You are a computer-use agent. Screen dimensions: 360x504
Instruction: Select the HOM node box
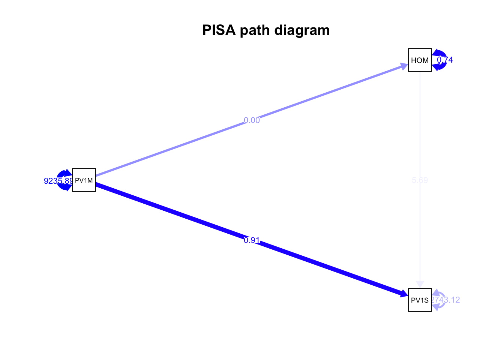(x=420, y=60)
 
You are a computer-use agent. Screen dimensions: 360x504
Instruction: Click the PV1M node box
(x=84, y=180)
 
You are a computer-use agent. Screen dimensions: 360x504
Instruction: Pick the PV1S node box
(x=420, y=300)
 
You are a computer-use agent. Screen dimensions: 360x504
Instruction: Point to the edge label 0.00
(x=252, y=120)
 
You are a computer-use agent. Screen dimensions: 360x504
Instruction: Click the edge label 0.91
(x=252, y=240)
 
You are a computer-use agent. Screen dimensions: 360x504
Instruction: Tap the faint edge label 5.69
(x=420, y=180)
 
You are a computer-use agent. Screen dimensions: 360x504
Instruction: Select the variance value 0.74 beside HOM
(x=445, y=60)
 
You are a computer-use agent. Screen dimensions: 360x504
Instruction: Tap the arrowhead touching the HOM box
(x=404, y=67)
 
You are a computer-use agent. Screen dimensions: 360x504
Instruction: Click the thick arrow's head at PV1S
(x=404, y=294)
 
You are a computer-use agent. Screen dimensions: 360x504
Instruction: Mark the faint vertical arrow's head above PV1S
(x=420, y=284)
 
